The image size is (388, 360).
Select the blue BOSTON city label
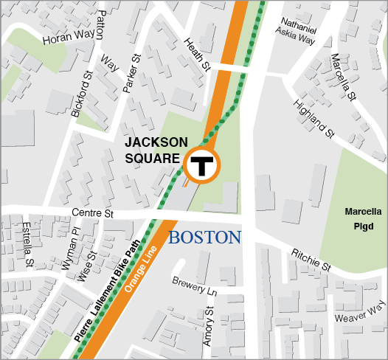click(x=205, y=238)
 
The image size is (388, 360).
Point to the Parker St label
click(x=130, y=75)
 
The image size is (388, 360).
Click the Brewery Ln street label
click(x=193, y=286)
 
